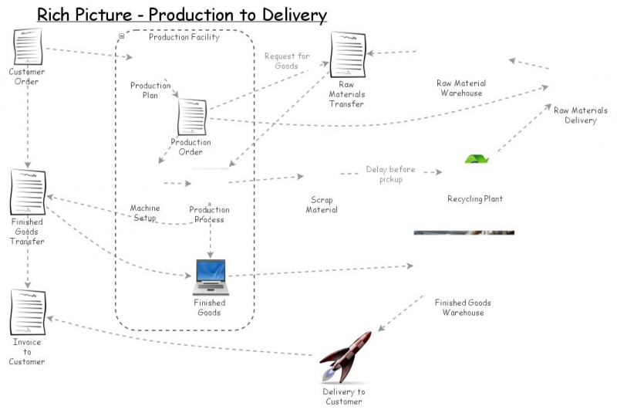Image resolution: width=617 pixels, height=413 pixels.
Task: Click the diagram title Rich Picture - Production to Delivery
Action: coord(182,15)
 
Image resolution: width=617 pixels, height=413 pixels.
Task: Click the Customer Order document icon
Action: coord(28,47)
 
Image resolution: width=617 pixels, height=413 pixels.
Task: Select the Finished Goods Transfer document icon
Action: coord(28,193)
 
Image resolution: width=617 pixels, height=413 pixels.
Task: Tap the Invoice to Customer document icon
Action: coord(27,313)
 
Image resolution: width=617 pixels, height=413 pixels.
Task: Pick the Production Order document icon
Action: coord(192,118)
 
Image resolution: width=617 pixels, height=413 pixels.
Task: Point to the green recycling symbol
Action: coord(477,159)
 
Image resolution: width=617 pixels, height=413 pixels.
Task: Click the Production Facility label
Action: coord(184,37)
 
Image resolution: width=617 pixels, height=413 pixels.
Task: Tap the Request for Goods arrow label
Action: coord(287,61)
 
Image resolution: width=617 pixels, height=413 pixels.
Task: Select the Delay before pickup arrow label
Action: coord(391,174)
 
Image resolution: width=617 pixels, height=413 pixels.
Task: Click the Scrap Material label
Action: coord(322,205)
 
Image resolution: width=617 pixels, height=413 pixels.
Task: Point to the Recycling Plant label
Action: coord(475,199)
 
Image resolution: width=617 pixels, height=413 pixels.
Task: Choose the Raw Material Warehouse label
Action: coord(461,88)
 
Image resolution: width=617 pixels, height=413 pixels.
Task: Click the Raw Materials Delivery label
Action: coord(580,115)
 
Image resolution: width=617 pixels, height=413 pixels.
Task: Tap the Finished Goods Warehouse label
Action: coord(463,307)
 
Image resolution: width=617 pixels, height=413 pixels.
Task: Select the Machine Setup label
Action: coord(145,213)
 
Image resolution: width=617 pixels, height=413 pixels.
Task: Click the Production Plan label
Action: coord(150,90)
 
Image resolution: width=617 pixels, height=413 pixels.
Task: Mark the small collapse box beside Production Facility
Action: coord(122,36)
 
